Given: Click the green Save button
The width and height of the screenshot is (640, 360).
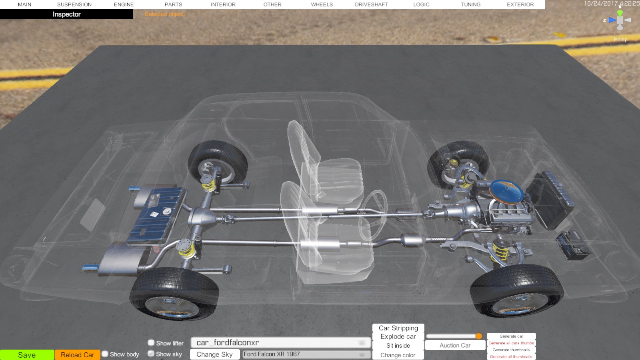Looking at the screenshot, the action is (27, 355).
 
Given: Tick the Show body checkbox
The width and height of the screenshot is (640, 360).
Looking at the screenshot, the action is (105, 354).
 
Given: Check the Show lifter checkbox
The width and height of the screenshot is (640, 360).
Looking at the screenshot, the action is (151, 342).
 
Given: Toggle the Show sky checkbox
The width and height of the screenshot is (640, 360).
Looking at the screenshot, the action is (151, 354).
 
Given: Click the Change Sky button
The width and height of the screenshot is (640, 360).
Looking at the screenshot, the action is (214, 354).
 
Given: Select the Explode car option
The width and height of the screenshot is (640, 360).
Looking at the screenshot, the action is (398, 336).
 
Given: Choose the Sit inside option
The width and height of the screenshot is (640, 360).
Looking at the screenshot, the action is (398, 346).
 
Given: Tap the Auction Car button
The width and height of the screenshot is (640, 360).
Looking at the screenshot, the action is (455, 346).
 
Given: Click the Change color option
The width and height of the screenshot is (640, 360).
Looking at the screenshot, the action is (398, 355).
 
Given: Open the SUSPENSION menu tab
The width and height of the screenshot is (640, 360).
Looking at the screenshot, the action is (74, 4).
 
